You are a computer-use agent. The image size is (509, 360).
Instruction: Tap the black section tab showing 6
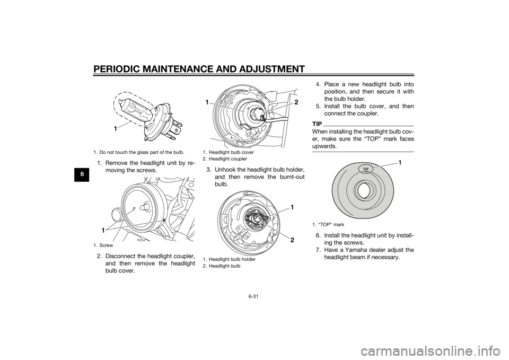[83, 174]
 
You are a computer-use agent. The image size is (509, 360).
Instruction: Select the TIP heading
[317, 124]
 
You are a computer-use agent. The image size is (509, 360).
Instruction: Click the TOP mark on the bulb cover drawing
[365, 170]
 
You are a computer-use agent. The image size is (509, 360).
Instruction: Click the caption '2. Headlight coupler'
[225, 159]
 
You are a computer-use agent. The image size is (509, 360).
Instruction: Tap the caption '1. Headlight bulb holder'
[229, 259]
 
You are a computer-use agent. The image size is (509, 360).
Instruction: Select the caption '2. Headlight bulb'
[222, 266]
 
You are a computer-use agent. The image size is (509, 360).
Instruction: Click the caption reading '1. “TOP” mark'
[328, 225]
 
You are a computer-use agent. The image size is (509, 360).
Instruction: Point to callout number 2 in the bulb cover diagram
[296, 102]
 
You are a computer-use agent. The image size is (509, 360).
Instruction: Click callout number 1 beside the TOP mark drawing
[400, 163]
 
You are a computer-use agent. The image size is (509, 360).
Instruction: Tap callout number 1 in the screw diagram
[102, 230]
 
